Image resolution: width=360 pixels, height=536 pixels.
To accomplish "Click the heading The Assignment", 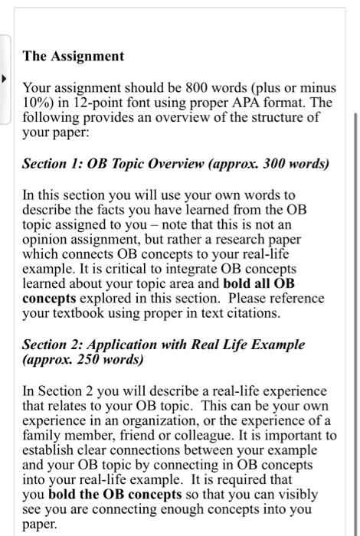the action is (x=73, y=56).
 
